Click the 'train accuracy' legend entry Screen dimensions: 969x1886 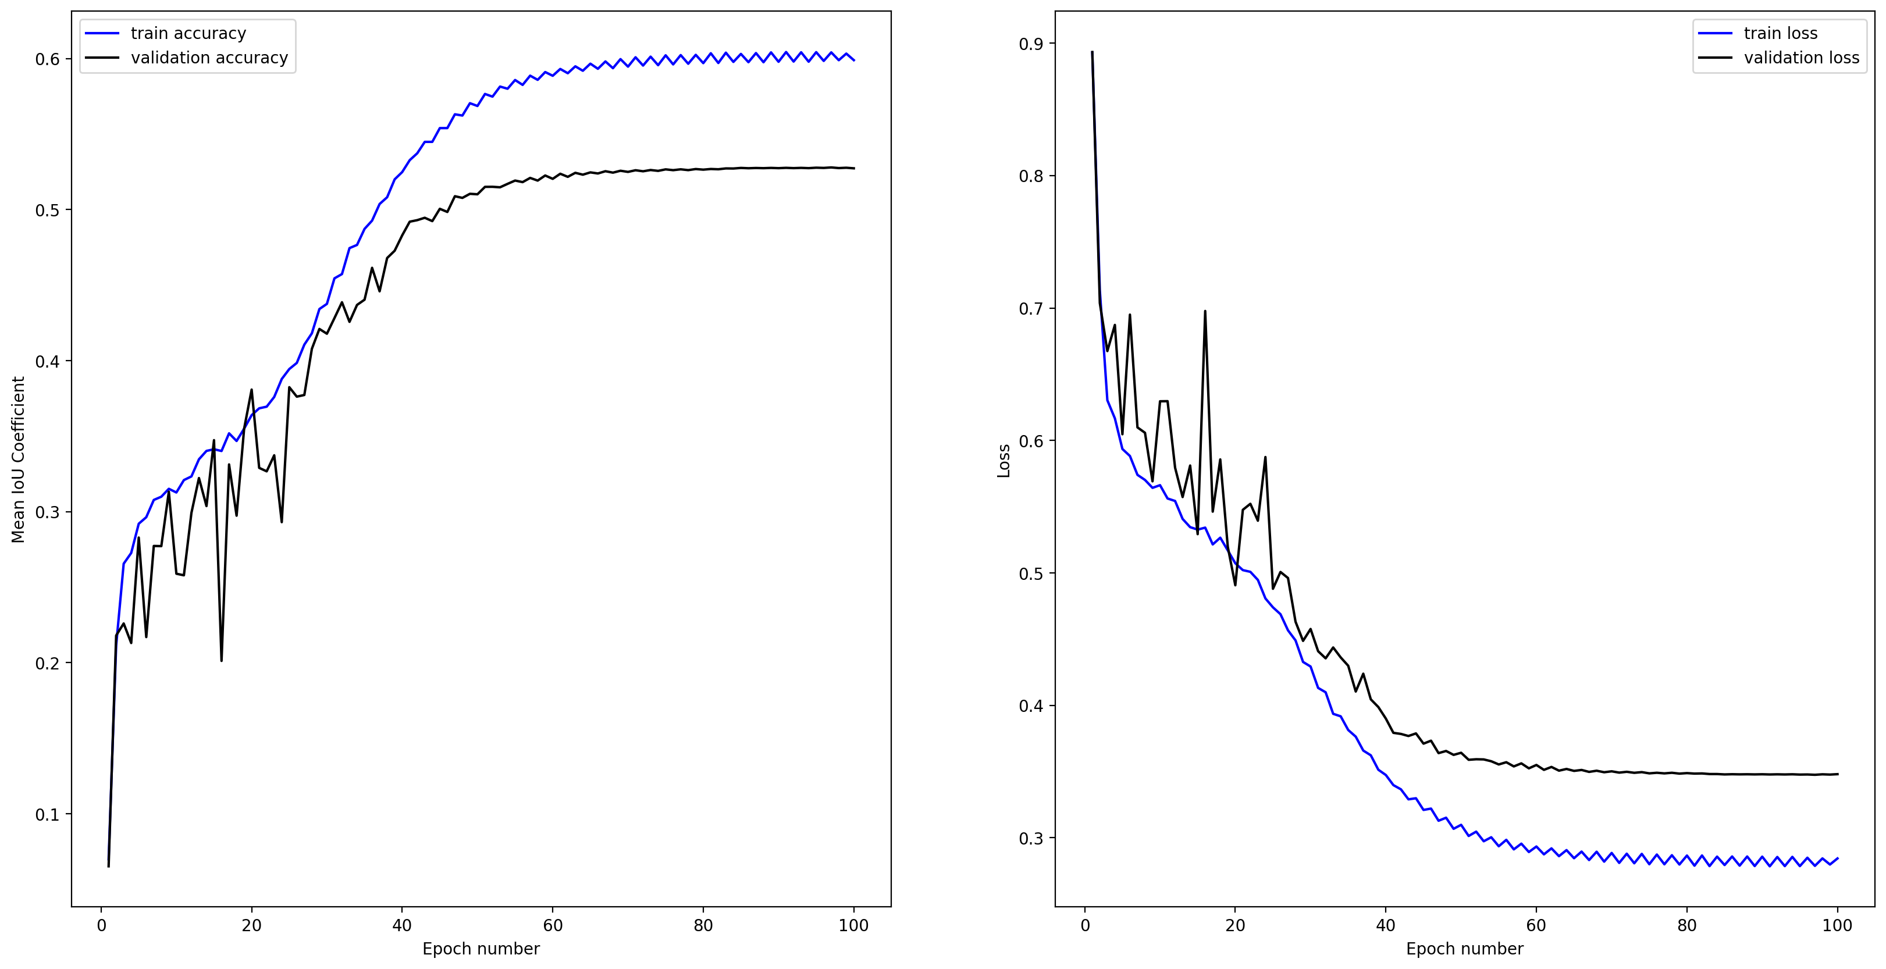click(188, 34)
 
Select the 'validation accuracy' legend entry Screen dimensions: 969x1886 click(209, 58)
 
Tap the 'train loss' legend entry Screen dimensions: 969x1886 click(1780, 34)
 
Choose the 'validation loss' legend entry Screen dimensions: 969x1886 click(1801, 58)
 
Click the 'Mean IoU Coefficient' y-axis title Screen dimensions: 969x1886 click(18, 459)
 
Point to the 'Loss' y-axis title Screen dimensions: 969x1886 click(1004, 461)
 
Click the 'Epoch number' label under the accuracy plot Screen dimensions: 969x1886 click(481, 949)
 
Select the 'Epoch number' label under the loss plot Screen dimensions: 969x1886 click(1464, 949)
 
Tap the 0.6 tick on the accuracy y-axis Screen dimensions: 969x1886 click(48, 59)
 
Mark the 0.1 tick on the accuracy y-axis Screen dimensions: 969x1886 click(48, 814)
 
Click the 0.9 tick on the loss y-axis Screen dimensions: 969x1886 click(1031, 44)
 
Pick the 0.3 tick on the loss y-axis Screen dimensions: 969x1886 click(1031, 838)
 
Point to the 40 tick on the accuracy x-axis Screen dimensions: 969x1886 click(402, 925)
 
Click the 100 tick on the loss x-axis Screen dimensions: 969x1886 click(1837, 925)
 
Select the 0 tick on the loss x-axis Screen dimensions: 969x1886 click(1085, 925)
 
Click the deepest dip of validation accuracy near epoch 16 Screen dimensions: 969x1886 click(221, 661)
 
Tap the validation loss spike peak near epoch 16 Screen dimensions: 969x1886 click(1205, 311)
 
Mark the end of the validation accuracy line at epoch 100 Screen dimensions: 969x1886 click(853, 168)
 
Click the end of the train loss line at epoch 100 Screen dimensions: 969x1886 click(1837, 858)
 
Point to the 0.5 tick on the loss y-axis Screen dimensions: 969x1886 click(1031, 573)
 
